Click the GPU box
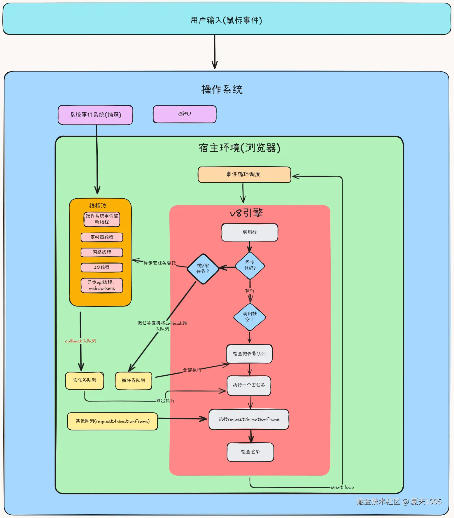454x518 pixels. click(x=185, y=114)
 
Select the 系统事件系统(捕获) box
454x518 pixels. click(x=95, y=115)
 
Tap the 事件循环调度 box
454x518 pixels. click(x=244, y=174)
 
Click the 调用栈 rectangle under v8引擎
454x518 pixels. click(x=250, y=232)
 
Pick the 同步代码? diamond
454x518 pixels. click(x=250, y=265)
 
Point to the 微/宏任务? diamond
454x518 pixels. click(x=203, y=269)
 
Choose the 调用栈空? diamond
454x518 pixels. click(x=250, y=317)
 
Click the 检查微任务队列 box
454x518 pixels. click(x=249, y=354)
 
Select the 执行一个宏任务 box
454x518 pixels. click(x=249, y=385)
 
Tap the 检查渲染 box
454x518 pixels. click(x=250, y=452)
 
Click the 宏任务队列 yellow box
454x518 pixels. click(x=85, y=380)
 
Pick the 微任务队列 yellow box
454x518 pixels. click(x=133, y=381)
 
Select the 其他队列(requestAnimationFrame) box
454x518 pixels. click(x=113, y=421)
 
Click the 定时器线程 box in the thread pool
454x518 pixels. click(x=102, y=237)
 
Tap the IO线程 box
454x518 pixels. click(x=102, y=267)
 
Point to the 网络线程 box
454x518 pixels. click(x=102, y=252)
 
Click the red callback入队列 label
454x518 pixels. click(x=80, y=341)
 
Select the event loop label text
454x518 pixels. click(x=342, y=487)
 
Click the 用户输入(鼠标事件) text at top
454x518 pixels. click(x=226, y=20)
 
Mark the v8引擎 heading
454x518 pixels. click(x=246, y=213)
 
